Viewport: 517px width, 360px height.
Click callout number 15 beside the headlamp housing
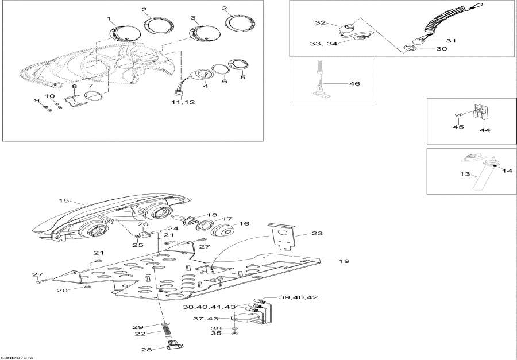coord(63,200)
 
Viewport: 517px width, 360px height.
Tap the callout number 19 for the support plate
coord(344,261)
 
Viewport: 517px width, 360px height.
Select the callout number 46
coord(354,83)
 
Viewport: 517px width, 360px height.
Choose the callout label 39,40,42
coord(298,297)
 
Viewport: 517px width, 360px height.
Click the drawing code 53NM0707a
coord(17,356)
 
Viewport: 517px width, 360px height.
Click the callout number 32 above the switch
coord(320,23)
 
